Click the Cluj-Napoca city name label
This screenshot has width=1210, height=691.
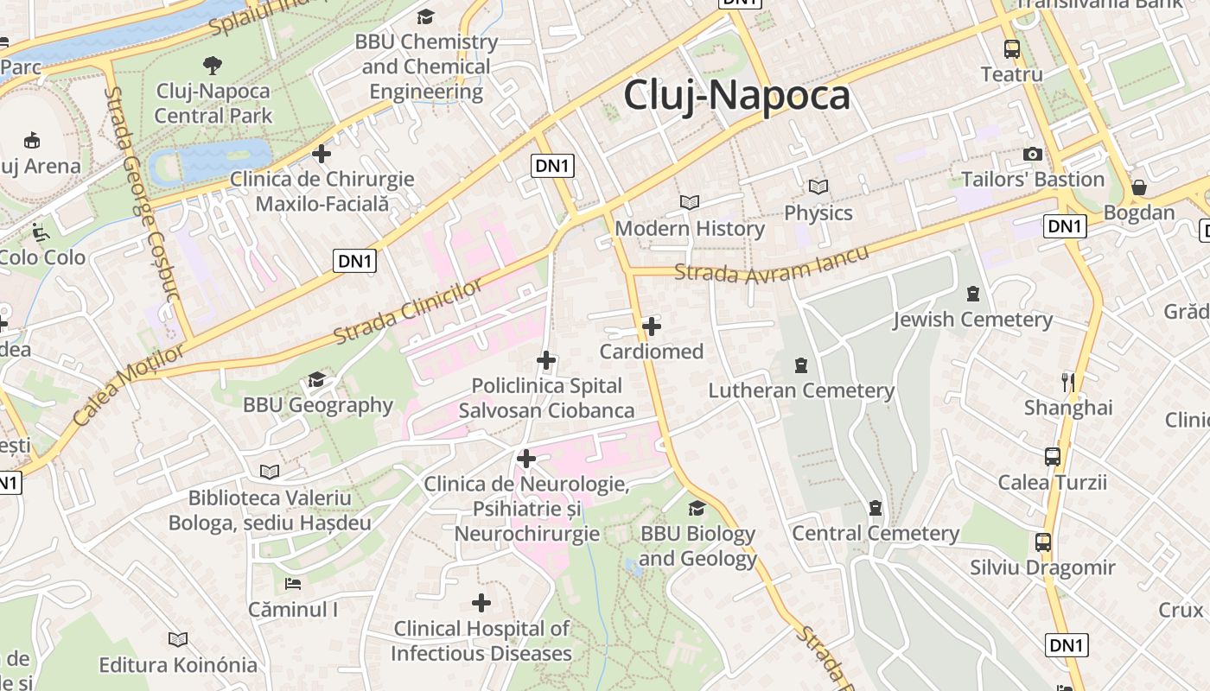[x=736, y=94]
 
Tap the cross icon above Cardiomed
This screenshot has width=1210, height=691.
[x=652, y=326]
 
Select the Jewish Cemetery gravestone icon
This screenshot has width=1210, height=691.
[x=973, y=294]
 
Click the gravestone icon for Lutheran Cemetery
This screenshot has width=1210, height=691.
[x=801, y=365]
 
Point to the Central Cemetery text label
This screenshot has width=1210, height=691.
[x=876, y=533]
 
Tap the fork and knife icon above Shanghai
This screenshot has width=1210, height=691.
[x=1068, y=381]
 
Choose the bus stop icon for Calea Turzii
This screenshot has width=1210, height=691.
[x=1052, y=456]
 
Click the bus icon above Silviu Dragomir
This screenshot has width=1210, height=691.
[x=1043, y=542]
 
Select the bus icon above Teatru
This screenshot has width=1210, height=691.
[x=1011, y=48]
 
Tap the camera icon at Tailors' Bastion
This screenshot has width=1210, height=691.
[x=1032, y=154]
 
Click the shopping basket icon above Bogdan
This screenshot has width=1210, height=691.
[x=1139, y=187]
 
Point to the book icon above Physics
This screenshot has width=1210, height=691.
[x=818, y=187]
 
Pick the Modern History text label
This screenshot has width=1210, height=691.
[x=690, y=229]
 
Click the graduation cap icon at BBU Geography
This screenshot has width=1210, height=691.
[x=316, y=380]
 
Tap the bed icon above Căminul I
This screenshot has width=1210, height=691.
[x=293, y=584]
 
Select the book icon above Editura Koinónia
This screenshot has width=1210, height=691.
[x=178, y=639]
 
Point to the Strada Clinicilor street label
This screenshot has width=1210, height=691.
[x=408, y=311]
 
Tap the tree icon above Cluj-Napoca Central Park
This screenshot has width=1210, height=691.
[x=212, y=65]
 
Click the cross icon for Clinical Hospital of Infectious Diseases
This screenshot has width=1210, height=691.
[x=481, y=603]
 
